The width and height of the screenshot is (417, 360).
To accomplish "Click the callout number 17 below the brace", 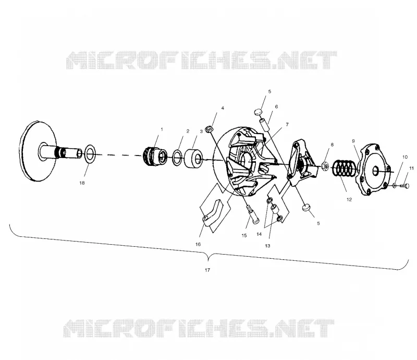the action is (207, 270).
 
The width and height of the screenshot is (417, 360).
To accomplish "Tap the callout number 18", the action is (82, 183).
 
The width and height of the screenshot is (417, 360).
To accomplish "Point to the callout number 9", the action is (353, 141).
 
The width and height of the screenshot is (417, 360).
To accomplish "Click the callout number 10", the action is (405, 157).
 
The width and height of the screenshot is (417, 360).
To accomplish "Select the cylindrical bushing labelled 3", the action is (193, 159).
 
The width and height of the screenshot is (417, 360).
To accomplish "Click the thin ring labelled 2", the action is (177, 158).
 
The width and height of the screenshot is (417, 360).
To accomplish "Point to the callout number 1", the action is (162, 129).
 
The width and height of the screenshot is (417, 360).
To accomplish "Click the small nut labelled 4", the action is (210, 128).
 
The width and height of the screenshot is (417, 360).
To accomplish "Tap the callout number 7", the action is (287, 124).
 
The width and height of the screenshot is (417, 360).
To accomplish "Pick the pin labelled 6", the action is (265, 124).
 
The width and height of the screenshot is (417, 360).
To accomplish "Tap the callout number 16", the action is (198, 244).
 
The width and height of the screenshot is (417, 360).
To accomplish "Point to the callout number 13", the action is (267, 246).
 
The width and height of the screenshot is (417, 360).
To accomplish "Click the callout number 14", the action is (259, 234).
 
